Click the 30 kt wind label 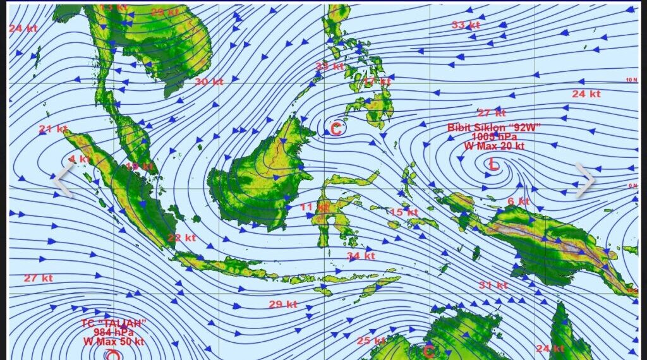(x=209, y=81)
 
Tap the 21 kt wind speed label (x=53, y=129)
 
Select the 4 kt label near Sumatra (x=80, y=159)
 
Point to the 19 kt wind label (x=139, y=167)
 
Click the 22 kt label (x=182, y=238)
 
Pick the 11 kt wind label (x=314, y=207)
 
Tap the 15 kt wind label (x=404, y=212)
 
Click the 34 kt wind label (x=361, y=256)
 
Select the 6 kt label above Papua (x=518, y=201)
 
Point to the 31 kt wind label (x=493, y=285)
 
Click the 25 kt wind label (x=371, y=341)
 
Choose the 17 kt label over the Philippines (x=377, y=81)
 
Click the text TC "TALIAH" (x=114, y=323)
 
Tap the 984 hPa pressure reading (x=114, y=332)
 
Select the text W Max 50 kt (x=114, y=342)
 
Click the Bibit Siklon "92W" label (x=494, y=128)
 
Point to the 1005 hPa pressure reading (x=494, y=136)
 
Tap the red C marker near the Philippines (x=336, y=129)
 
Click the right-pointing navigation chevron (x=584, y=179)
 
